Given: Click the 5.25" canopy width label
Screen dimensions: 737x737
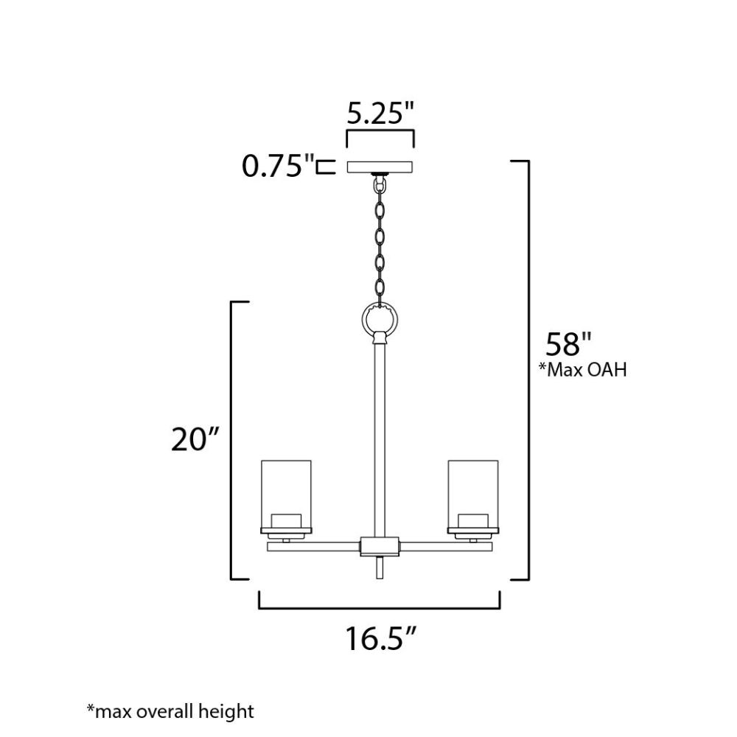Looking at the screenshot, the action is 381,113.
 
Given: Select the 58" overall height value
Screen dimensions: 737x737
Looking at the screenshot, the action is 567,343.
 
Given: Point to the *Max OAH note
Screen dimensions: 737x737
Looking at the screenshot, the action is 582,370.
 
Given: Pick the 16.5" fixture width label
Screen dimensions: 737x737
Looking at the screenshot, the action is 381,638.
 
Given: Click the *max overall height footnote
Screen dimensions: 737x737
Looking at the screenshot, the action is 170,711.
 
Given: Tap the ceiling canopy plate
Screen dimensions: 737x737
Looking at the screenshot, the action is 380,167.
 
